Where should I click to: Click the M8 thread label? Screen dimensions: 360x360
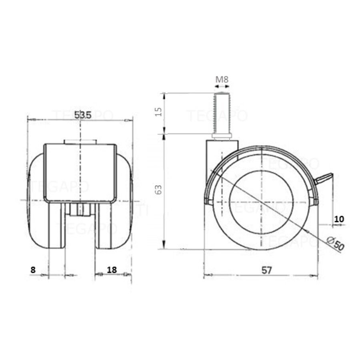pos(222,79)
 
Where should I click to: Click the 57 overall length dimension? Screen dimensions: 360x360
pos(267,270)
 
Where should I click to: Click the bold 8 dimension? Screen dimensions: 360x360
pos(33,270)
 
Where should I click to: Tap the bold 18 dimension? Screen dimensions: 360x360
pos(112,270)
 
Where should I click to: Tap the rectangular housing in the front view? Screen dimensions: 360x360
pos(80,172)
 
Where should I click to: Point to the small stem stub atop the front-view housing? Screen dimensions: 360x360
pos(80,142)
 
